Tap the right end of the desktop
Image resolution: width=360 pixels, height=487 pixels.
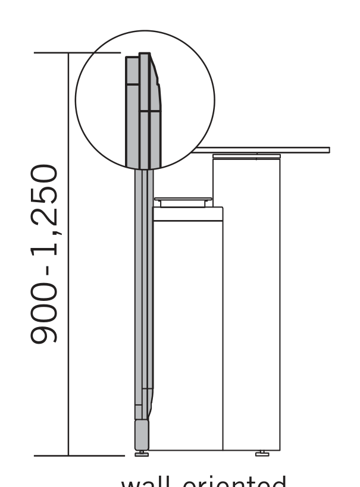pos(327,150)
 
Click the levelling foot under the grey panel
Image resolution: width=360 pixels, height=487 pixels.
pos(142,454)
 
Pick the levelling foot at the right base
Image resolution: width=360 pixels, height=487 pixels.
pos(262,454)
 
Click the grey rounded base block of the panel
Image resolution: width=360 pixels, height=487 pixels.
pos(142,435)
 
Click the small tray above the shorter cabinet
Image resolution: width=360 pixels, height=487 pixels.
pos(183,200)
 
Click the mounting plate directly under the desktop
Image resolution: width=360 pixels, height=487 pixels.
pos(246,156)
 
